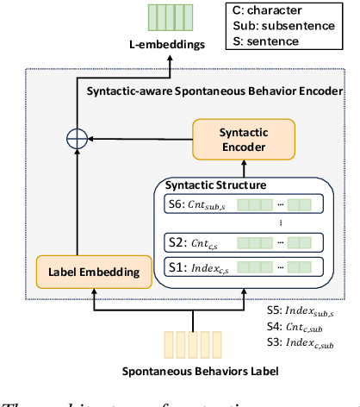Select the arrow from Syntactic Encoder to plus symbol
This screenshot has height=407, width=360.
click(138, 136)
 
